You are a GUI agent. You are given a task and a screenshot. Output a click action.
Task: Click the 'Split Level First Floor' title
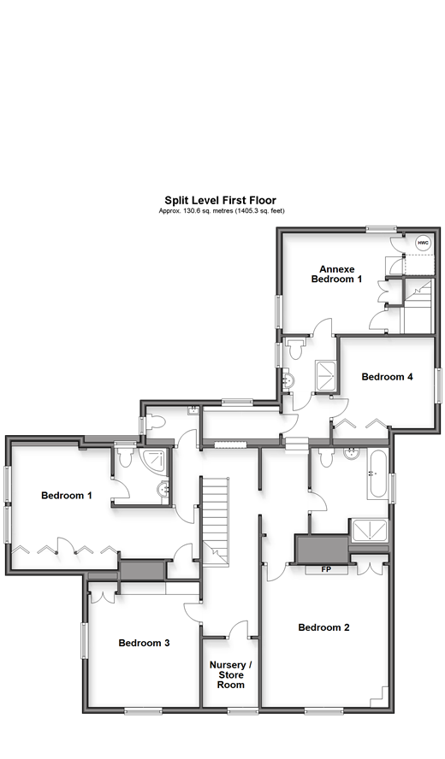pyautogui.click(x=220, y=201)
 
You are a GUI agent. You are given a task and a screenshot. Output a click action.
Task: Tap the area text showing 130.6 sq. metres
pyautogui.click(x=221, y=210)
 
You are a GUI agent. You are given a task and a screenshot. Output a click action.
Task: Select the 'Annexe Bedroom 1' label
pyautogui.click(x=336, y=274)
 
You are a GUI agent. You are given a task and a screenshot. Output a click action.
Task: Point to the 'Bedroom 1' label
pyautogui.click(x=66, y=495)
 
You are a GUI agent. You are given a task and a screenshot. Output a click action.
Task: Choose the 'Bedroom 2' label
pyautogui.click(x=323, y=627)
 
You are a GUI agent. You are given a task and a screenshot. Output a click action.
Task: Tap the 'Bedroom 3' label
pyautogui.click(x=144, y=643)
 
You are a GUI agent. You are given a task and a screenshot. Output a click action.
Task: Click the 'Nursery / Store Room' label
pyautogui.click(x=231, y=674)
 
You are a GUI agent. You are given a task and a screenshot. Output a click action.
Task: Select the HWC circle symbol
pyautogui.click(x=422, y=243)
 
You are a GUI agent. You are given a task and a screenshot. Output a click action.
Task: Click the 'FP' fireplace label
pyautogui.click(x=325, y=568)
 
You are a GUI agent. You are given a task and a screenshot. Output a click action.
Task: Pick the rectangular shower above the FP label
pyautogui.click(x=368, y=532)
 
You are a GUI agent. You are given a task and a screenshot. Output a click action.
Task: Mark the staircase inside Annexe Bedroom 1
pyautogui.click(x=417, y=303)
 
